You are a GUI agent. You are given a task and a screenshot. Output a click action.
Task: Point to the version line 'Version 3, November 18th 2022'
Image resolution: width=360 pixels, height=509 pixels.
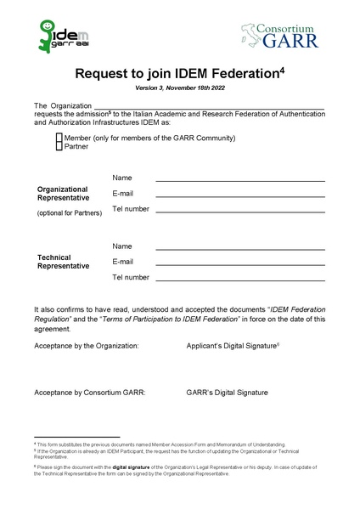[x=179, y=88]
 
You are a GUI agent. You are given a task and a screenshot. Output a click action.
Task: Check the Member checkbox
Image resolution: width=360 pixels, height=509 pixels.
[x=59, y=138]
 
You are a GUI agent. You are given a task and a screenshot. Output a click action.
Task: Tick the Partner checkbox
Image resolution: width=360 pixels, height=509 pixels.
[x=59, y=146]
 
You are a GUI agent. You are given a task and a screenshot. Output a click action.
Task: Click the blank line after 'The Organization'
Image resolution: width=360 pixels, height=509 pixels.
[x=204, y=108]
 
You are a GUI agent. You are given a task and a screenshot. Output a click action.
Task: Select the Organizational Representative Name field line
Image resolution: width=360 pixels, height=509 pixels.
[x=240, y=180]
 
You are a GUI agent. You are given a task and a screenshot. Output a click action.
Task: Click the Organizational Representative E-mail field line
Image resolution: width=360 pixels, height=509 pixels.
[x=240, y=195]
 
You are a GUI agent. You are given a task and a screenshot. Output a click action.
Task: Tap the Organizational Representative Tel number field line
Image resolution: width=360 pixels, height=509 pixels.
[x=240, y=211]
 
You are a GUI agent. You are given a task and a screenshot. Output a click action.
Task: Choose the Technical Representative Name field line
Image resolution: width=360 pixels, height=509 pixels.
[x=240, y=248]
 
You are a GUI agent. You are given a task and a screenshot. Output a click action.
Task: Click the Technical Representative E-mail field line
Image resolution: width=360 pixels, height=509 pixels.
[x=240, y=264]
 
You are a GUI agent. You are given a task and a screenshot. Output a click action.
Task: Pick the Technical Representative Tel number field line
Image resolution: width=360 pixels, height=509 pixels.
[x=240, y=280]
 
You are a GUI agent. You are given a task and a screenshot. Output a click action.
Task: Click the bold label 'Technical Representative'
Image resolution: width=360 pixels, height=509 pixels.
[x=64, y=262]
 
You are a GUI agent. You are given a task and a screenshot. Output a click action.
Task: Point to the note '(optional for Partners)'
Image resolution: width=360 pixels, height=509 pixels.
[x=69, y=212]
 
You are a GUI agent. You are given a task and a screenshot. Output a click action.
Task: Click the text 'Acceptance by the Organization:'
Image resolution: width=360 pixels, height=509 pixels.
[x=87, y=347]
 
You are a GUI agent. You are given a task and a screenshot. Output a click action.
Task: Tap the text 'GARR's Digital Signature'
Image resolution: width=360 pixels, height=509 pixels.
[x=227, y=393]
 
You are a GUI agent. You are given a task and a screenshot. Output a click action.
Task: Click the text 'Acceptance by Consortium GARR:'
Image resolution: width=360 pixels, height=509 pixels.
[x=90, y=393]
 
